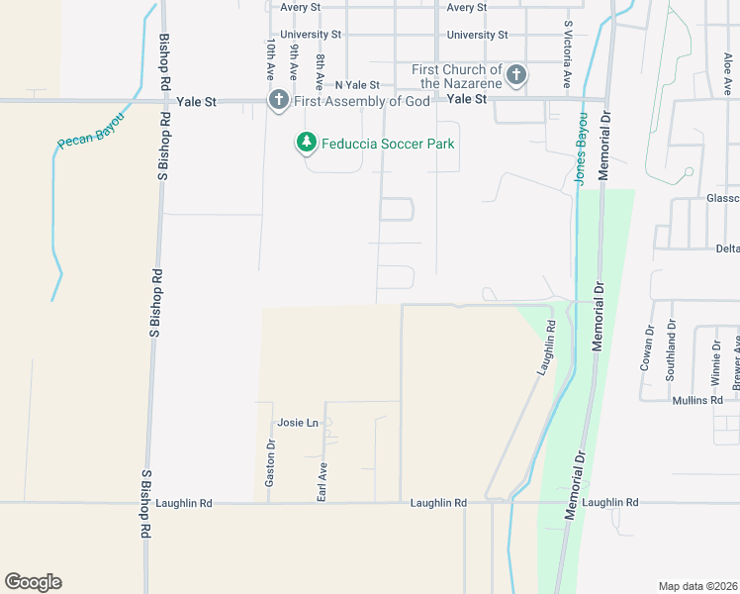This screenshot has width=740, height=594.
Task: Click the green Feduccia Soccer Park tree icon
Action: click(x=307, y=144)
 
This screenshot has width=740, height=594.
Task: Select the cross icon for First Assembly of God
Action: click(x=279, y=100)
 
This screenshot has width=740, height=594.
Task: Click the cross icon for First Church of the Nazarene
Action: click(x=515, y=75)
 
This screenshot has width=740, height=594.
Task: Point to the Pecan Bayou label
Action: click(x=89, y=130)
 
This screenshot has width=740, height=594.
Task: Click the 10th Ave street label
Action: click(x=269, y=60)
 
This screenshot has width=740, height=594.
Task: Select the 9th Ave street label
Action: click(x=294, y=60)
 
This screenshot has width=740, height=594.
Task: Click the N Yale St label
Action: click(x=356, y=86)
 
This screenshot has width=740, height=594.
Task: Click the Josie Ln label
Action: click(x=298, y=423)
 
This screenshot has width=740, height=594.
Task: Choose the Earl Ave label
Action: click(x=323, y=479)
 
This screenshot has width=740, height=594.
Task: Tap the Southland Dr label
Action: click(x=672, y=345)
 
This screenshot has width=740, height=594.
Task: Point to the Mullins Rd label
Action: click(x=696, y=400)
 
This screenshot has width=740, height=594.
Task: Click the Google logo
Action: click(x=33, y=582)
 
